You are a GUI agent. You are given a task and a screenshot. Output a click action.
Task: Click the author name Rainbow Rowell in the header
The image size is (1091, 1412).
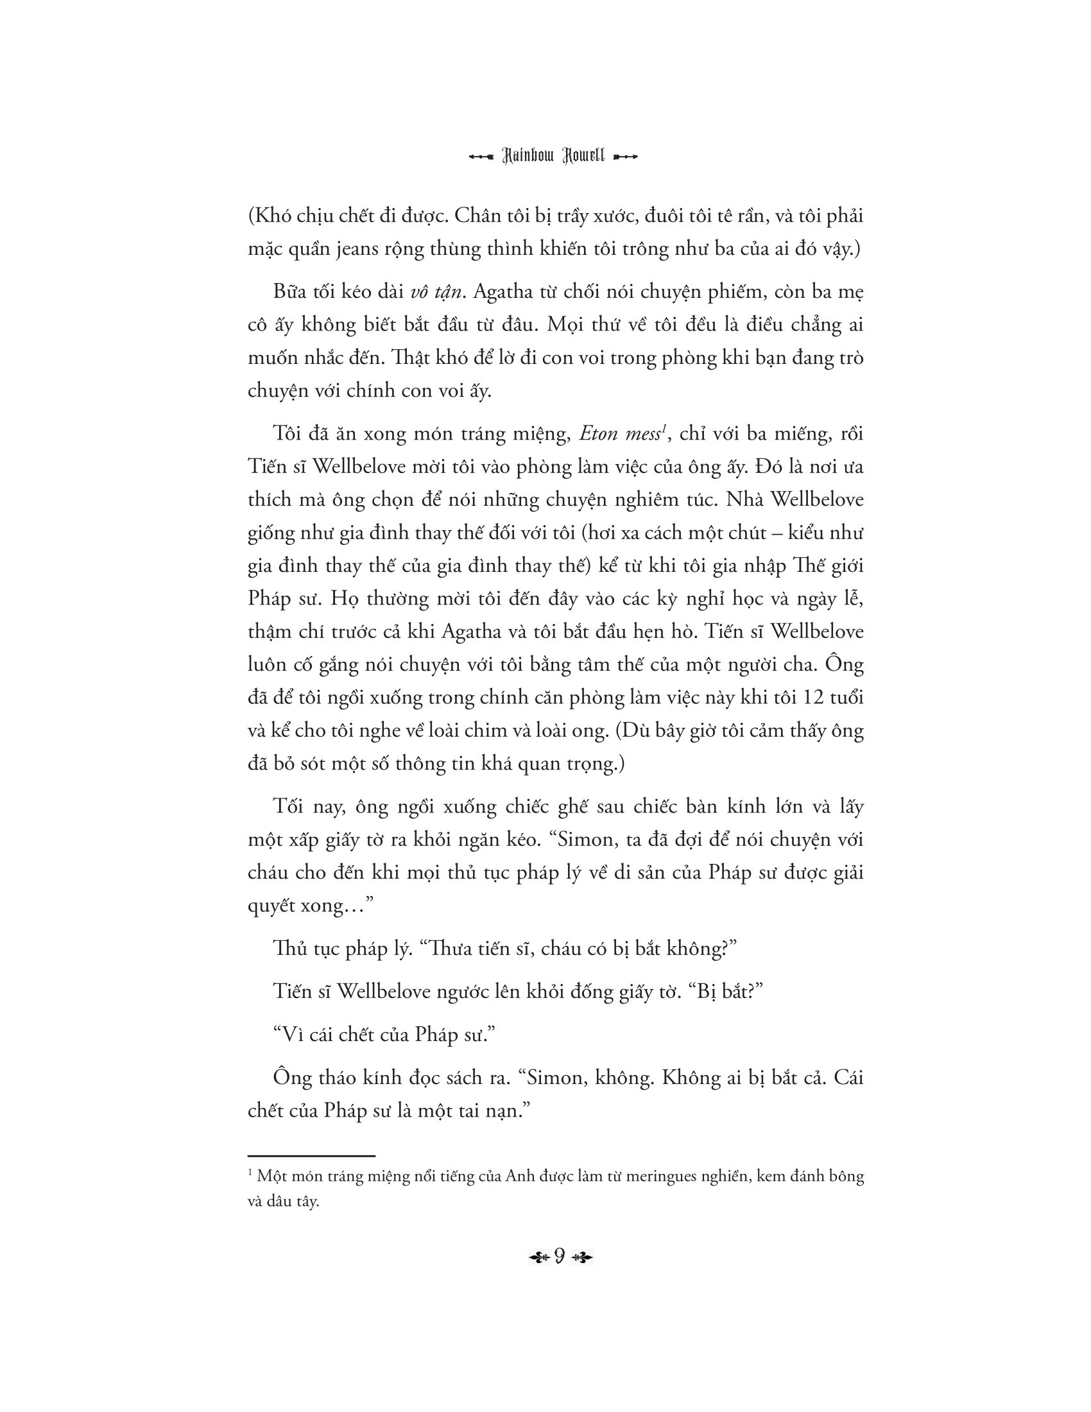point(553,157)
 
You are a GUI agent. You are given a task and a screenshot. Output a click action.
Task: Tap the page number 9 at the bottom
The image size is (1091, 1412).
point(560,1255)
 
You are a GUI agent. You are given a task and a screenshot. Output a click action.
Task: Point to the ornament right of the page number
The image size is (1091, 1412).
point(581,1257)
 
